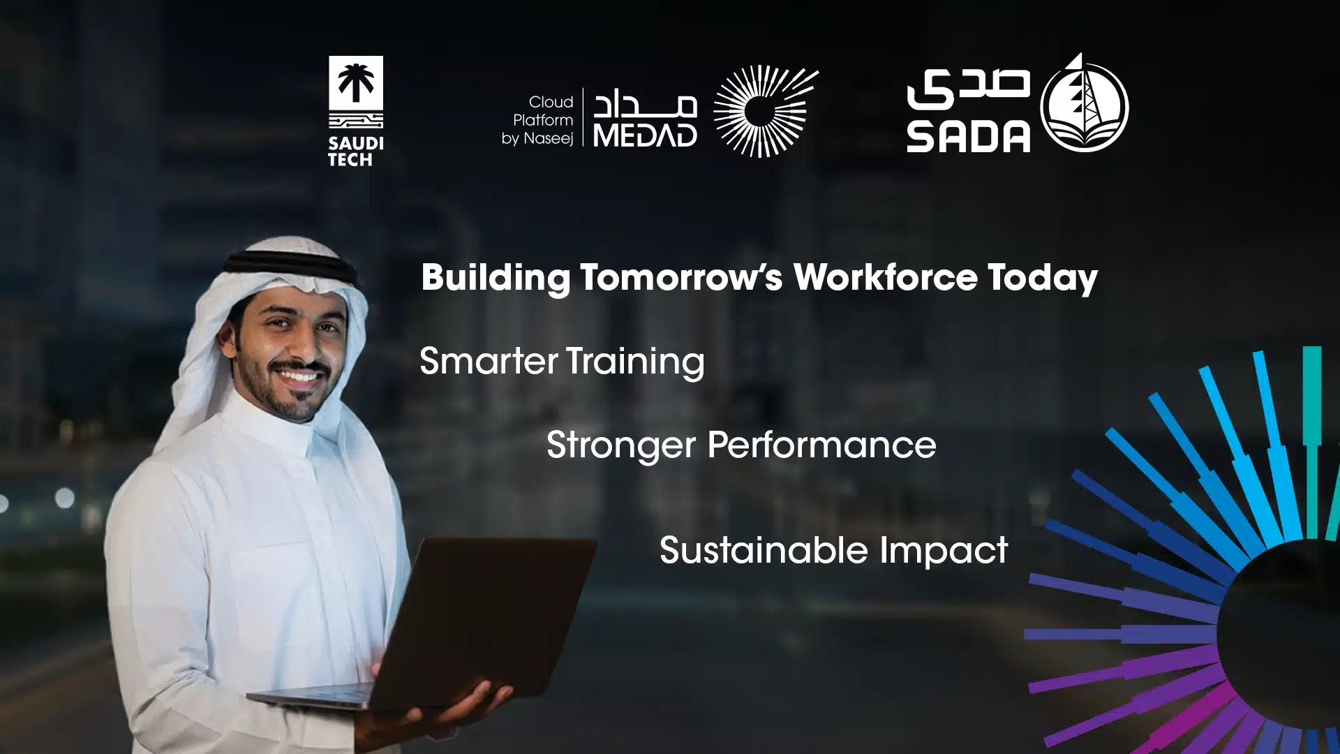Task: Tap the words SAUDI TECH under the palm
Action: (x=355, y=151)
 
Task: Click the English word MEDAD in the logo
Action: (x=645, y=135)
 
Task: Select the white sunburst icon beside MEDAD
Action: (x=765, y=111)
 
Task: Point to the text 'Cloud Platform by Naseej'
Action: (x=538, y=120)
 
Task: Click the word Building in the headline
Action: (x=496, y=278)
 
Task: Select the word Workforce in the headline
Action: (x=885, y=277)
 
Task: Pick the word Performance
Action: (x=821, y=445)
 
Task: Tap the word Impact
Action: (x=944, y=550)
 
